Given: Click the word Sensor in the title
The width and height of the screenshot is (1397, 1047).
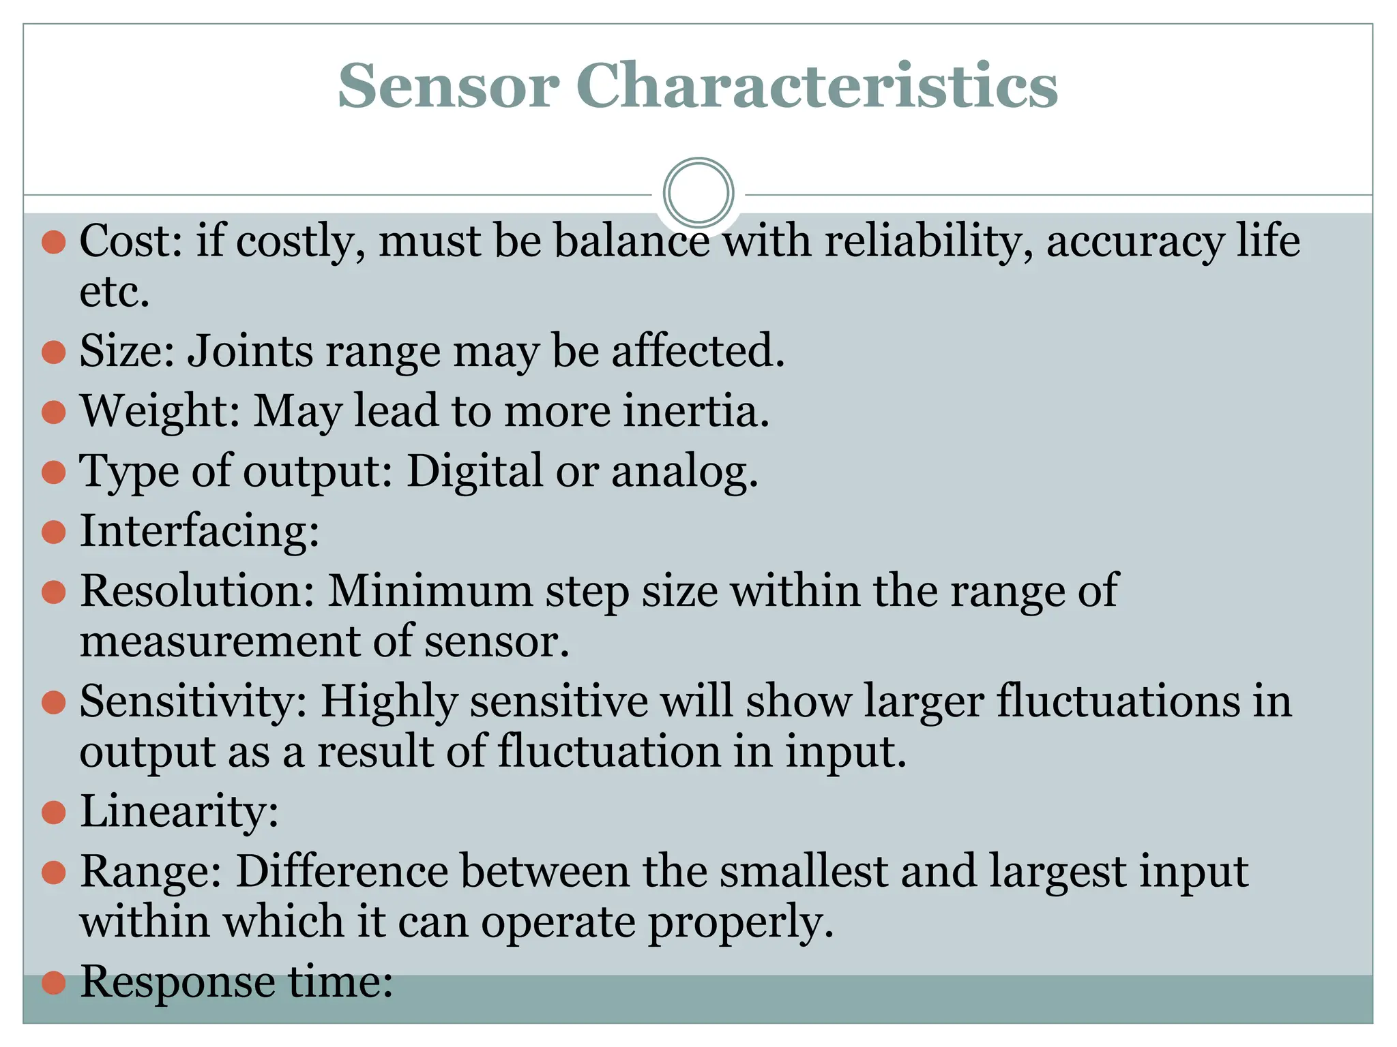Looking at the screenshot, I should [x=448, y=87].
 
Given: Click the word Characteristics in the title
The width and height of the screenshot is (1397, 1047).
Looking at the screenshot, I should [x=817, y=87].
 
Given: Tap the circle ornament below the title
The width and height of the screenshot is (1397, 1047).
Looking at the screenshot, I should [x=698, y=193].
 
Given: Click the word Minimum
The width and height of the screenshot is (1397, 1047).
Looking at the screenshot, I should [x=430, y=590].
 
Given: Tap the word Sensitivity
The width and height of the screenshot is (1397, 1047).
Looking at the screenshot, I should [x=194, y=701].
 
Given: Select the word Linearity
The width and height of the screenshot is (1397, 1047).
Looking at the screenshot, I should [x=179, y=812].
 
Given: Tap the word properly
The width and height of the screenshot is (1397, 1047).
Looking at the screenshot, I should [x=740, y=922].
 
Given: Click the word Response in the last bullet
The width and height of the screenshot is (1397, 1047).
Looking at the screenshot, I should [x=177, y=982].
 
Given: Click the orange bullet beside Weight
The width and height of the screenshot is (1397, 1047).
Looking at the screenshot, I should [x=54, y=412].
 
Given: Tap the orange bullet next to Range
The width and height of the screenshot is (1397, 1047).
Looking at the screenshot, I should [x=54, y=872].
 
